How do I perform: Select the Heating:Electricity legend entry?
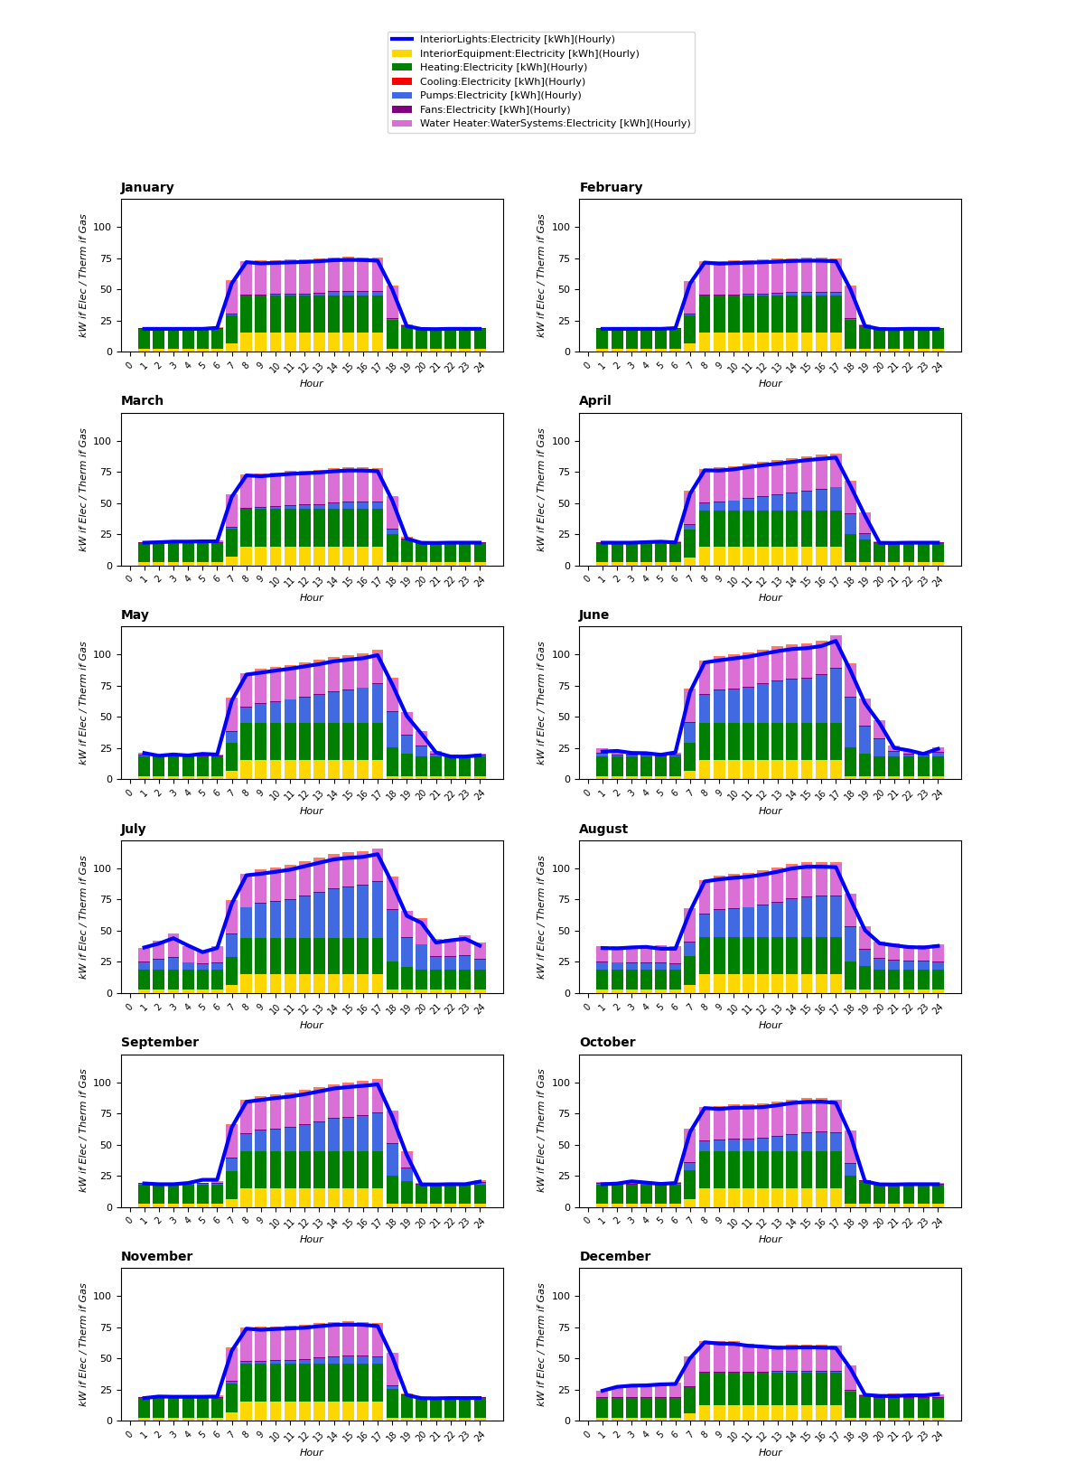click(503, 68)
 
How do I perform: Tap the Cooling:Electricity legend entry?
click(502, 81)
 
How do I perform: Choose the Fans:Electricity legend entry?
click(495, 109)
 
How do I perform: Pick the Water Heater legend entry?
click(555, 124)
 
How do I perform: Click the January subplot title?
click(147, 188)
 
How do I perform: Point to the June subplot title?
click(594, 615)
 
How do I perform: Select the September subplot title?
click(160, 1043)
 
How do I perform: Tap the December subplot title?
click(615, 1257)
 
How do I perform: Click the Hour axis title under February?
click(770, 384)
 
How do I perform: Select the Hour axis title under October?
click(770, 1240)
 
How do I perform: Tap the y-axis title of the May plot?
click(83, 703)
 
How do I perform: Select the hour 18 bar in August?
click(850, 943)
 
